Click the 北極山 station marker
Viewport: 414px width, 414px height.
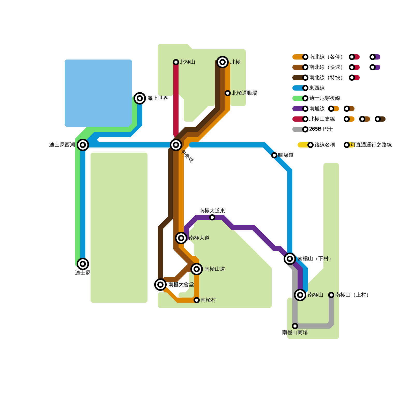(176, 62)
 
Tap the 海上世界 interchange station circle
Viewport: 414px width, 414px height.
(140, 98)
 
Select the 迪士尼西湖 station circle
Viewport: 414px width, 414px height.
(83, 145)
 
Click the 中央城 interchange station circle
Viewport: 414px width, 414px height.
(176, 145)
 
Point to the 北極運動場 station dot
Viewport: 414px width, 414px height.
(228, 93)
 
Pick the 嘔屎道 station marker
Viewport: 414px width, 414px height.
(274, 155)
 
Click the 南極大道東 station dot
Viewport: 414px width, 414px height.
(212, 217)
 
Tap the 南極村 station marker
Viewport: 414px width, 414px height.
(197, 300)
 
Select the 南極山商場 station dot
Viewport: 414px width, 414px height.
(295, 326)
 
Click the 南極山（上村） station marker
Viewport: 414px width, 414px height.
(331, 295)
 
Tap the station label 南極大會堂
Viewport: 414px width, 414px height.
(181, 285)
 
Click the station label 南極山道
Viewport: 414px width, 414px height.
(215, 269)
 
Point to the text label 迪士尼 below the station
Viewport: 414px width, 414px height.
(83, 273)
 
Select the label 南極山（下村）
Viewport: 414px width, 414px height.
(314, 259)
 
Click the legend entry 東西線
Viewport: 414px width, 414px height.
(317, 88)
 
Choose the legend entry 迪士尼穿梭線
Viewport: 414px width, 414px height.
(324, 98)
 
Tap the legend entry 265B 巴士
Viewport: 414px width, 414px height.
(321, 129)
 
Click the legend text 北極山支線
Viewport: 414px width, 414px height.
(322, 119)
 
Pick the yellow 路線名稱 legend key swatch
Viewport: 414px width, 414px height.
(303, 145)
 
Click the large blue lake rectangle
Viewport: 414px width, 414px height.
(98, 93)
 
